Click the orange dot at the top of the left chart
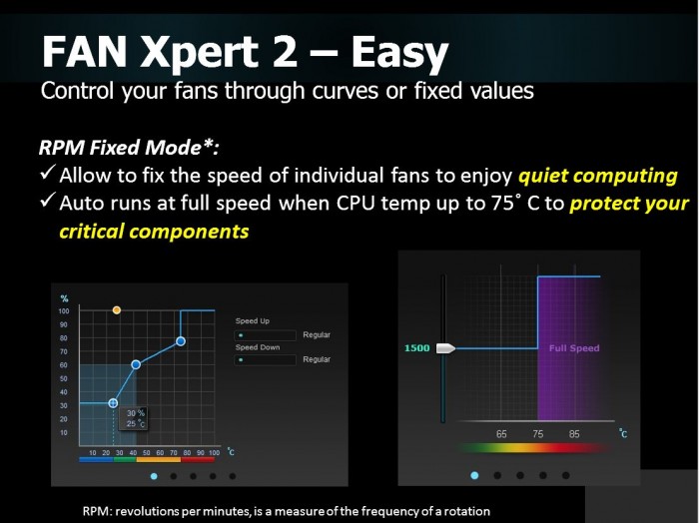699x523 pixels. pos(117,310)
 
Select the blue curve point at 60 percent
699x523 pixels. pos(136,364)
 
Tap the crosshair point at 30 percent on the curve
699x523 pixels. pos(113,403)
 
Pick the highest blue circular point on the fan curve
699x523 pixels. pos(181,341)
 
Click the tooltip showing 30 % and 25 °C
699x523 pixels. pos(135,417)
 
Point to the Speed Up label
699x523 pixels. pos(253,321)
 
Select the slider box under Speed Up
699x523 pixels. pos(266,334)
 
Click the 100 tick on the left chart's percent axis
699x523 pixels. pos(64,311)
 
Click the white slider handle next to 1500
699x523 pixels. pos(445,348)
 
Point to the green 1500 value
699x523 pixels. pos(416,348)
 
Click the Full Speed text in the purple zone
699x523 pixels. pos(574,348)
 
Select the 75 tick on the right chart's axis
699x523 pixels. pos(538,434)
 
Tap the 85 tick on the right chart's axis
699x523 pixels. pos(574,434)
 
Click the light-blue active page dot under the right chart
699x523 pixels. pos(474,476)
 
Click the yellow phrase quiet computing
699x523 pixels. pos(597,176)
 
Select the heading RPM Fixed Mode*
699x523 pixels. pos(128,147)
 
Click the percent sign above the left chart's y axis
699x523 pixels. pos(64,298)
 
